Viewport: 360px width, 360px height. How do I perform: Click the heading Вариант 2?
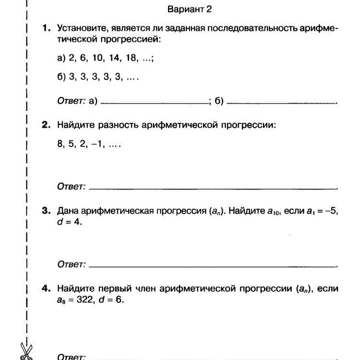[x=189, y=9]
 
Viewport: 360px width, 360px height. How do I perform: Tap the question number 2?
[x=46, y=126]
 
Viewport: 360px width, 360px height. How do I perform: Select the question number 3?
[x=46, y=211]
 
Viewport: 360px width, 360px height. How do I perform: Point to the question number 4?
[x=46, y=289]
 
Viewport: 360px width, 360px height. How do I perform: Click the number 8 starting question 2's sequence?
[x=60, y=144]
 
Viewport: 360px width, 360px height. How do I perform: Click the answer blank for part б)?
[x=281, y=102]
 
